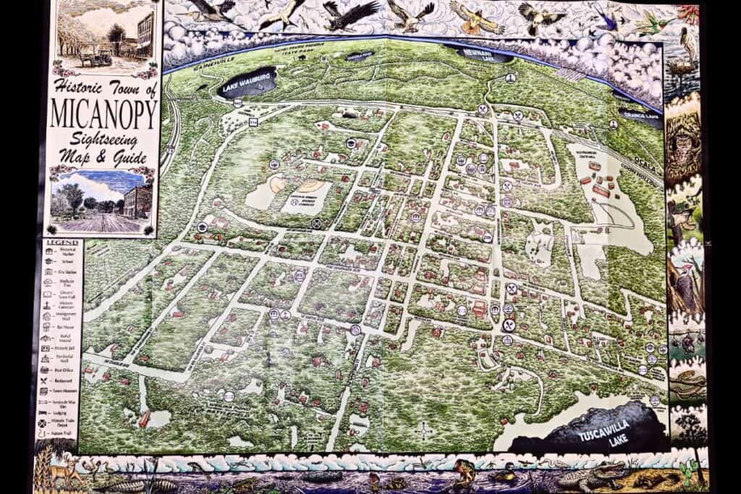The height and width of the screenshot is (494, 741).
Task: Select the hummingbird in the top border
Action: point(646,25)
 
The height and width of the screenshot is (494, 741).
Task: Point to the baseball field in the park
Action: point(278,185)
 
